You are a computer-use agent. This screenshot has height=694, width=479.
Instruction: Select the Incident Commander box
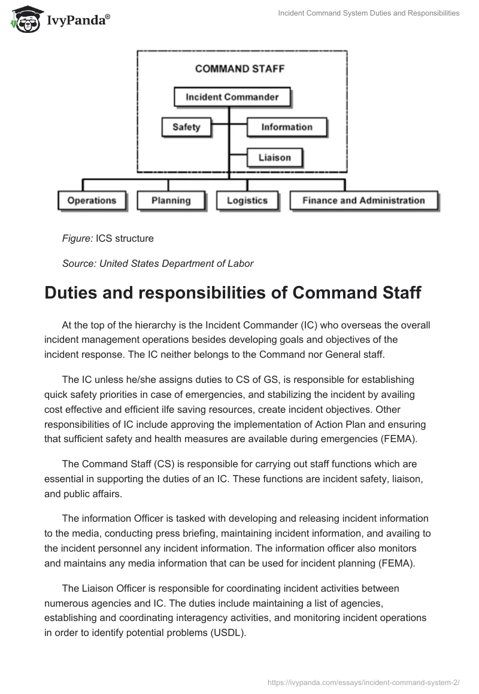[232, 96]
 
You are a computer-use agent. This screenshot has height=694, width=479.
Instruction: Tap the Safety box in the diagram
[186, 127]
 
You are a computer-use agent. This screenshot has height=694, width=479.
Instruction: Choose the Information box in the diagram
[286, 127]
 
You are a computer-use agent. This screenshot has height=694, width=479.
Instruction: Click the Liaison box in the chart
[274, 158]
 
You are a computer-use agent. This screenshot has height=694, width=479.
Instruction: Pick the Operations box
[92, 200]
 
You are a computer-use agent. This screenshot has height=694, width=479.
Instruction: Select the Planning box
[171, 200]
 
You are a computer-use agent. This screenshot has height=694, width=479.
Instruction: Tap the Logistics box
[247, 200]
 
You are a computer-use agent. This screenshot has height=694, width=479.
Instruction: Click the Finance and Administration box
[363, 200]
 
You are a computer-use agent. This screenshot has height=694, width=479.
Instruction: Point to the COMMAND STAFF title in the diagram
[239, 68]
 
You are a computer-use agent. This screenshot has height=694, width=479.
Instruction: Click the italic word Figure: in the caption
[77, 238]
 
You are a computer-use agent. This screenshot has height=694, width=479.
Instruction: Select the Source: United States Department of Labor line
[157, 263]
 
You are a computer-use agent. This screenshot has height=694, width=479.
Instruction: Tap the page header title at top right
[369, 13]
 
